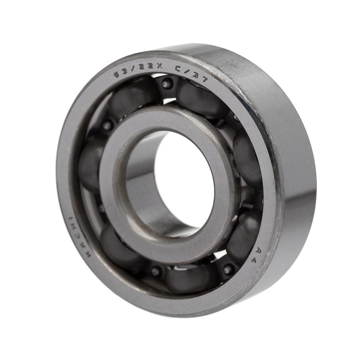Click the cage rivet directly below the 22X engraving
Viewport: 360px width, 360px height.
point(166,84)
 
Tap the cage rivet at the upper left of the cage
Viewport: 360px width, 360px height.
point(107,126)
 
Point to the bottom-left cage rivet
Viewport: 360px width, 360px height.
point(156,271)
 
